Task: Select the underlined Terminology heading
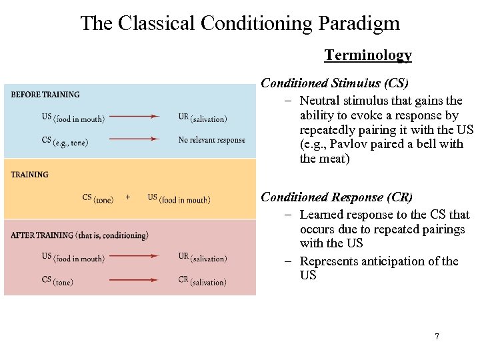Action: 367,55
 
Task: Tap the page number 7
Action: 437,337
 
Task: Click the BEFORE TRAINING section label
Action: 45,95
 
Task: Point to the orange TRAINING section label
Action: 30,175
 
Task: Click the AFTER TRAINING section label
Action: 79,235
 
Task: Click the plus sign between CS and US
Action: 128,197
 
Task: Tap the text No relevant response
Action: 211,140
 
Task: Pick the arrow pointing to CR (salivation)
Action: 134,280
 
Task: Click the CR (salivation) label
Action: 203,281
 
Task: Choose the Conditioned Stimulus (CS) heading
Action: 335,83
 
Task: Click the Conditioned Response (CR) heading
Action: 337,197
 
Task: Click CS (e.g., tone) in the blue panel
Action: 65,141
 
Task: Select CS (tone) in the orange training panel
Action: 98,198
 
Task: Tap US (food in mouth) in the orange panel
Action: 179,199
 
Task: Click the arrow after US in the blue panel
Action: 134,117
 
